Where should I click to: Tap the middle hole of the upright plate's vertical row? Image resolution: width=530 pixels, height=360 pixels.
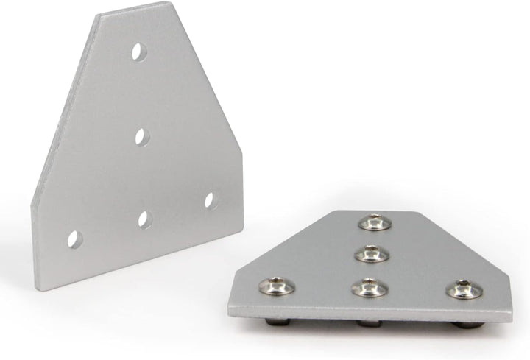pos(142,135)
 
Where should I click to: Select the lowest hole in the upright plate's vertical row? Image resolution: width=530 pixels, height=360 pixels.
pos(144,219)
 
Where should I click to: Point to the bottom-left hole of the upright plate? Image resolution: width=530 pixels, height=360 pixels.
pos(74,239)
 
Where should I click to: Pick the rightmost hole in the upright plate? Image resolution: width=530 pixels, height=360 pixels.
pos(210,200)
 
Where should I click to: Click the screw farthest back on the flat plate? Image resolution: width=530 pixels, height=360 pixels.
pos(374,222)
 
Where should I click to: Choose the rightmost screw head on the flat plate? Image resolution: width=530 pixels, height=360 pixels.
pos(462,289)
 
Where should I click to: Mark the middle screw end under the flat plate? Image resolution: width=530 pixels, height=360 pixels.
pos(368,323)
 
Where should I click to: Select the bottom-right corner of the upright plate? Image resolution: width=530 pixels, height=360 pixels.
pos(242,229)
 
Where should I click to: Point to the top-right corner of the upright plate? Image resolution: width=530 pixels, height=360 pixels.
pos(170,4)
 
